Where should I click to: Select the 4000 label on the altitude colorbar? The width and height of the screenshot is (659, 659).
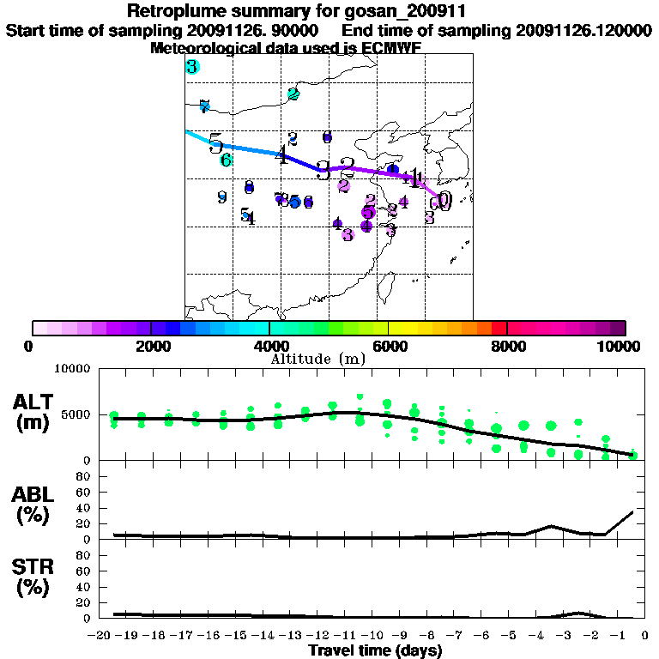pos(269,346)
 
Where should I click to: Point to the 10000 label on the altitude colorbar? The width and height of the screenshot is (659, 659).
pos(621,346)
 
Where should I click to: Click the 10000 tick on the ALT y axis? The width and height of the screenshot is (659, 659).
pos(74,370)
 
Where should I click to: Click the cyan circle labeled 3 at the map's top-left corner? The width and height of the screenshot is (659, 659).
pos(192,67)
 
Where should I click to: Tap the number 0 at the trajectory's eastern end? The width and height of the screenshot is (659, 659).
pos(444,201)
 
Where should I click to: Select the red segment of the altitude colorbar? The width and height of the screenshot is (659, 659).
pos(499,328)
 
